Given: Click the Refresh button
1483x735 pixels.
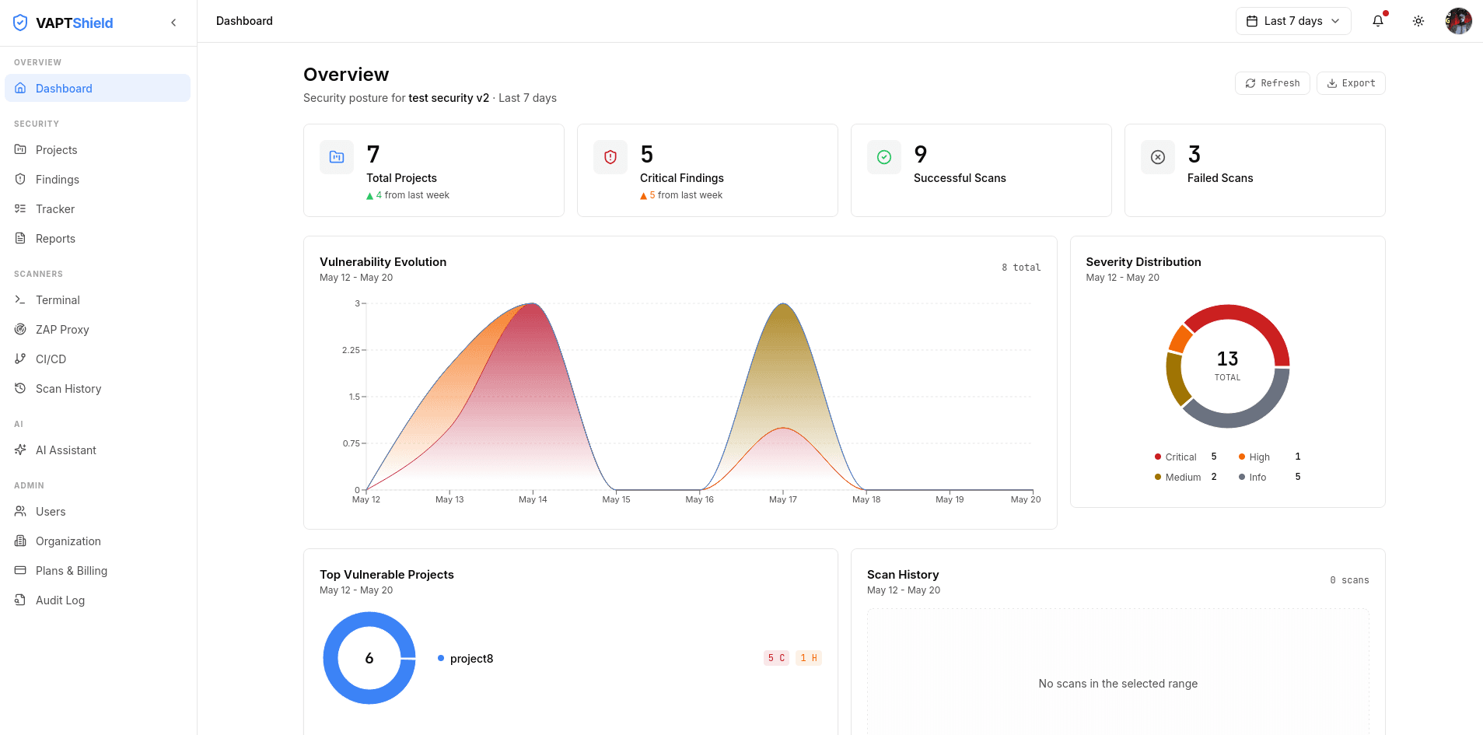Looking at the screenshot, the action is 1272,83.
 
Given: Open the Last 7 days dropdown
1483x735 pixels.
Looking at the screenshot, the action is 1293,21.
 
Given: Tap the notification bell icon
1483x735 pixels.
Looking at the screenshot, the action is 1378,21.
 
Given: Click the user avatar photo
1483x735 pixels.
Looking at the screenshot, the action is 1459,21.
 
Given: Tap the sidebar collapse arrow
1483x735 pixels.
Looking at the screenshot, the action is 173,23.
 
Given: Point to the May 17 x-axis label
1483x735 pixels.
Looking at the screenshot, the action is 783,499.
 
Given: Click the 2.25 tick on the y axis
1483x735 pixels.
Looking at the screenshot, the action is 352,350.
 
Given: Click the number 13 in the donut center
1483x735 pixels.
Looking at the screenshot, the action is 1228,359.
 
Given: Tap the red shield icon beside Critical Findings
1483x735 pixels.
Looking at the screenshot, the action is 610,157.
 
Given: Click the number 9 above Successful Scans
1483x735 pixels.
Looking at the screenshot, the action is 921,154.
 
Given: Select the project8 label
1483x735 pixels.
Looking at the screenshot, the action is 472,659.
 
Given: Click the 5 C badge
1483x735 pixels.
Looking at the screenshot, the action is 776,658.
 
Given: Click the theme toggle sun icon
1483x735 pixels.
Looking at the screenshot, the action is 1418,21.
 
